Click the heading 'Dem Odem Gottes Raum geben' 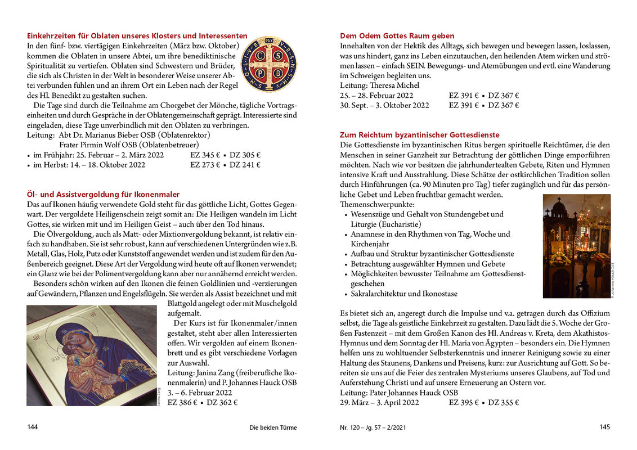click(x=397, y=36)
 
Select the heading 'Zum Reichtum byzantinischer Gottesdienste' click(x=419, y=135)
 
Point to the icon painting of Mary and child click(x=92, y=355)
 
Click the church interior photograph click(x=576, y=246)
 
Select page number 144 click(x=33, y=427)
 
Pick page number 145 click(x=604, y=427)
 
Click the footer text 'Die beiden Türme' click(x=273, y=427)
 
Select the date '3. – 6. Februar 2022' click(x=200, y=393)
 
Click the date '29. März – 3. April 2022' click(x=380, y=403)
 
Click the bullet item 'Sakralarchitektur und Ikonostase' click(x=403, y=294)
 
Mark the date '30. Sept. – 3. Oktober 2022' click(x=384, y=105)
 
